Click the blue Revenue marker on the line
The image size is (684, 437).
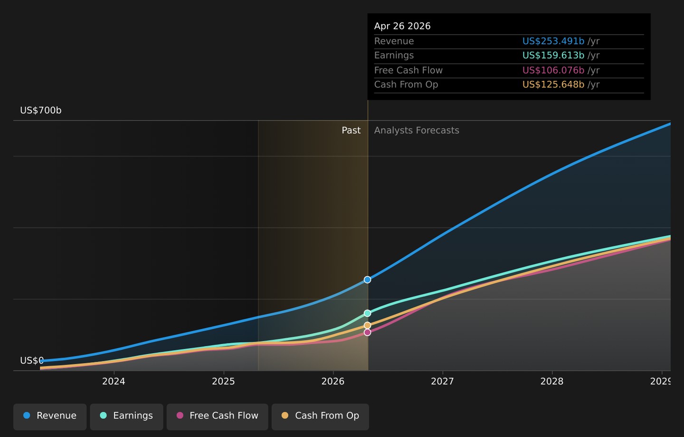coord(367,280)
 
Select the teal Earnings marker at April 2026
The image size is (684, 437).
coord(367,313)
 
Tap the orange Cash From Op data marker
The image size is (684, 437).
coord(367,325)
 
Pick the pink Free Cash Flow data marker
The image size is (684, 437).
coord(367,332)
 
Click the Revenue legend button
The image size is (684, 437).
coord(50,417)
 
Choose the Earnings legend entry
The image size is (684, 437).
coord(126,417)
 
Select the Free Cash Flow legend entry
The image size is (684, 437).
coord(218,417)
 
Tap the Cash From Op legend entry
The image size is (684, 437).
coord(320,417)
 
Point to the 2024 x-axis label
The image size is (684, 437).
coord(114,381)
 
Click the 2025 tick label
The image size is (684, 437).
coord(223,381)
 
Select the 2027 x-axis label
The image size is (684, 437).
coord(442,381)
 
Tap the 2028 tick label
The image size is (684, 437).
coord(552,381)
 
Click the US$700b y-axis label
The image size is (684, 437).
coord(41,110)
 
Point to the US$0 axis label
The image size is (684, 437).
coord(32,360)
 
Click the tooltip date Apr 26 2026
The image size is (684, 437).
coord(402,26)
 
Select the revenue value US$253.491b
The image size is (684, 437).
coord(553,41)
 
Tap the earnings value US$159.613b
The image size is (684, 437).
coord(553,55)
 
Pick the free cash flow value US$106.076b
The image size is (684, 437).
coord(553,70)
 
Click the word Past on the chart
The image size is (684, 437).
coord(351,130)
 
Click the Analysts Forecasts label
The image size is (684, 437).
coord(417,130)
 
